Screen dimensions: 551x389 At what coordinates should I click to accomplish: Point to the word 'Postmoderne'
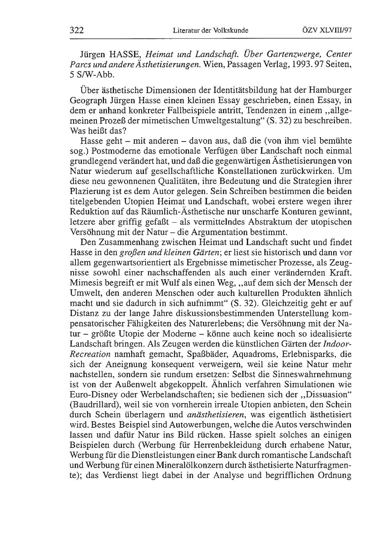coord(107,150)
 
